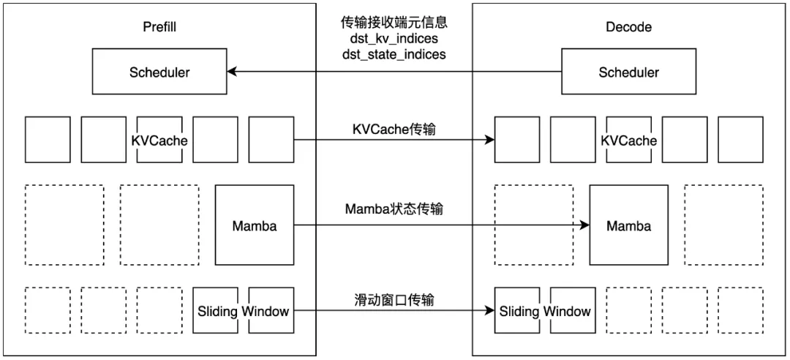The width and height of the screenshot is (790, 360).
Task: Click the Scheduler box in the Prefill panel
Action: (159, 72)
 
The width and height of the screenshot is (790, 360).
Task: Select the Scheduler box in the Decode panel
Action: (628, 72)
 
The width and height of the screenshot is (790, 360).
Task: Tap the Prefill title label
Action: (159, 27)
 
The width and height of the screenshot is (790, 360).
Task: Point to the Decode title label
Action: (628, 27)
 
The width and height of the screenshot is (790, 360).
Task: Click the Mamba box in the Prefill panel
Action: (255, 225)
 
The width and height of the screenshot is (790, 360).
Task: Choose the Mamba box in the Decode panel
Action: (628, 225)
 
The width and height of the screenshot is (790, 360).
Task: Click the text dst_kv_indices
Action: (394, 39)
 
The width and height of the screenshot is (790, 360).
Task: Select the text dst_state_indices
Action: (394, 54)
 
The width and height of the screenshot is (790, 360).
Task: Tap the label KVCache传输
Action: (394, 128)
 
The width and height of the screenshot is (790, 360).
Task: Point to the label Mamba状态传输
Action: (394, 209)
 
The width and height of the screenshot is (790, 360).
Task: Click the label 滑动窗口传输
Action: (394, 299)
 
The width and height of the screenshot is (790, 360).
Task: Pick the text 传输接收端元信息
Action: (394, 23)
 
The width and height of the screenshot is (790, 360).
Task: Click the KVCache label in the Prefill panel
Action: (159, 140)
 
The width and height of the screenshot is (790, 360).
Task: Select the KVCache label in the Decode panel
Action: (628, 140)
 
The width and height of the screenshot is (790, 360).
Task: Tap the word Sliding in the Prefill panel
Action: (217, 312)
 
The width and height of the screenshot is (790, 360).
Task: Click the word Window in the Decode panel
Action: (567, 312)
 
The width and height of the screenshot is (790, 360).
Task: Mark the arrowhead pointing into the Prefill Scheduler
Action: (232, 72)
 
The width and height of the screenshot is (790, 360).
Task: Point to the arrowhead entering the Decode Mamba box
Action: (584, 225)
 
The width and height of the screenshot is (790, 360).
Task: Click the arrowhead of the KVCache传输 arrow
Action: (489, 140)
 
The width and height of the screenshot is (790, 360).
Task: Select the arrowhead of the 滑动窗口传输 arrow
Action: (489, 311)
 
